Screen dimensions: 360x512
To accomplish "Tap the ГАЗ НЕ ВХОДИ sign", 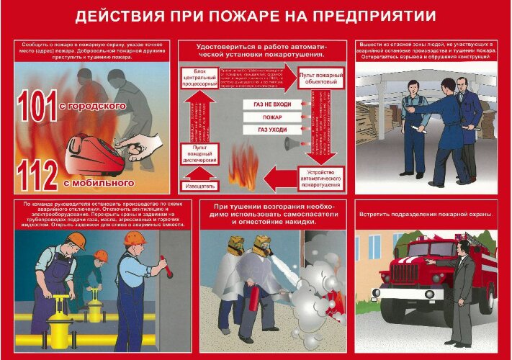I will pos(272,104).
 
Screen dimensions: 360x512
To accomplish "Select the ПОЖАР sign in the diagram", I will pos(272,117).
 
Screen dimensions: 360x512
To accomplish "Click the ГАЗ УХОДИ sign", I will pos(272,130).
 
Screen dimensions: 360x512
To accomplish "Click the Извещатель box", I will pos(199,186).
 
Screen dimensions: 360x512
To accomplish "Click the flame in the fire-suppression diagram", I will pos(242,167).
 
